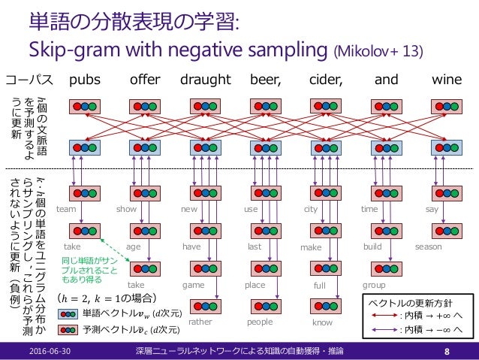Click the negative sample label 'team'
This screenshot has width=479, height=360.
(67, 210)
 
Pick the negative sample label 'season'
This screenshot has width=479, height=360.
(429, 247)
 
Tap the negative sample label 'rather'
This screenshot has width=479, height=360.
(200, 321)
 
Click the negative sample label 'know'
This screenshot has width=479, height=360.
(322, 322)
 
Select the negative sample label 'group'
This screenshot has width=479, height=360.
(374, 286)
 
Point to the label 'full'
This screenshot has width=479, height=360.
(321, 286)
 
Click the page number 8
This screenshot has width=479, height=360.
(447, 349)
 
